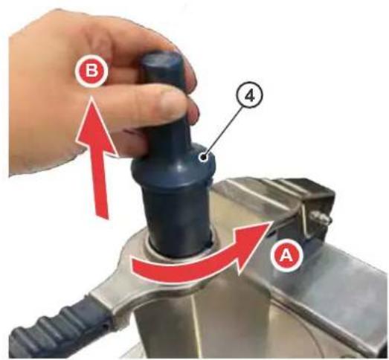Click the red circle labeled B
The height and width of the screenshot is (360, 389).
pos(91,71)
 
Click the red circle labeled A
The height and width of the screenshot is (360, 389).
pos(287,255)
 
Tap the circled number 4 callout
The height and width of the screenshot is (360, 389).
pos(250,97)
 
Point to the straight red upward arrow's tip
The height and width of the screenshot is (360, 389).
pos(91,97)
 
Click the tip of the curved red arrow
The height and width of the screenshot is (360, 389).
pos(270,222)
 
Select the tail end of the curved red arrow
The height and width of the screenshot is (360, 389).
pos(134,267)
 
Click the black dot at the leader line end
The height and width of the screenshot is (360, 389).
pos(205,157)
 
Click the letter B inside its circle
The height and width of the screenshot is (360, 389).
pos(91,71)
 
